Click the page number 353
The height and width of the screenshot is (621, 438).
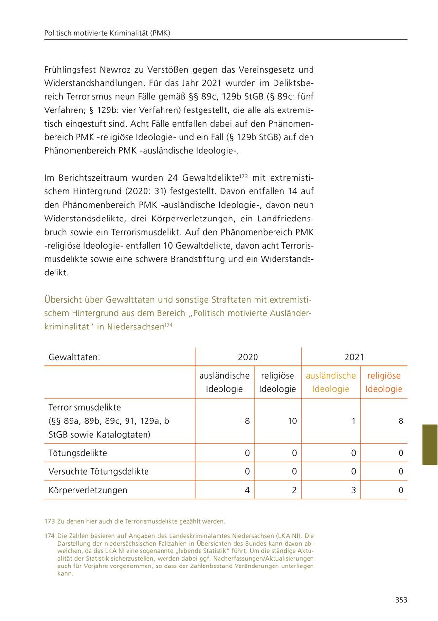pyautogui.click(x=401, y=600)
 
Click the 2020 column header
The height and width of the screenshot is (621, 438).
pyautogui.click(x=248, y=357)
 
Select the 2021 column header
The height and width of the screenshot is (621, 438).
pyautogui.click(x=354, y=357)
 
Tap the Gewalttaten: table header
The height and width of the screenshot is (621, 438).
pyautogui.click(x=74, y=357)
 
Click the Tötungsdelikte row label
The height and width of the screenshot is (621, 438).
pyautogui.click(x=77, y=453)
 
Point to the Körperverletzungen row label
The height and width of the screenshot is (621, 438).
pyautogui.click(x=88, y=490)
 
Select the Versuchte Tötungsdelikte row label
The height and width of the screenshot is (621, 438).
pyautogui.click(x=98, y=472)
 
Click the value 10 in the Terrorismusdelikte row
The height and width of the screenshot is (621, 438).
pyautogui.click(x=292, y=421)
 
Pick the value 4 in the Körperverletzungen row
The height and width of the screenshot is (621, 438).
pyautogui.click(x=247, y=490)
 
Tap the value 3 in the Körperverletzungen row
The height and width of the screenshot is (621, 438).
pyautogui.click(x=353, y=490)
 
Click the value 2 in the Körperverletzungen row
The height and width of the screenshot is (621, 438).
pyautogui.click(x=294, y=490)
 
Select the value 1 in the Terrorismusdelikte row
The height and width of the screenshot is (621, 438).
pyautogui.click(x=353, y=421)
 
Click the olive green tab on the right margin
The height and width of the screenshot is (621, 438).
pyautogui.click(x=429, y=445)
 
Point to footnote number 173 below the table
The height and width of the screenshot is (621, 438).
pyautogui.click(x=49, y=522)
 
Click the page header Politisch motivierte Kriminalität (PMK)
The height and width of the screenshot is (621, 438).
pyautogui.click(x=107, y=33)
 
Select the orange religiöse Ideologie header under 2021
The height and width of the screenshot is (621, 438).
pyautogui.click(x=383, y=382)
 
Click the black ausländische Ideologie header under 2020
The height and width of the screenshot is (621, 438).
pyautogui.click(x=224, y=382)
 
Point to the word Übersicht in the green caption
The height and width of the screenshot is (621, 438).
pyautogui.click(x=62, y=299)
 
